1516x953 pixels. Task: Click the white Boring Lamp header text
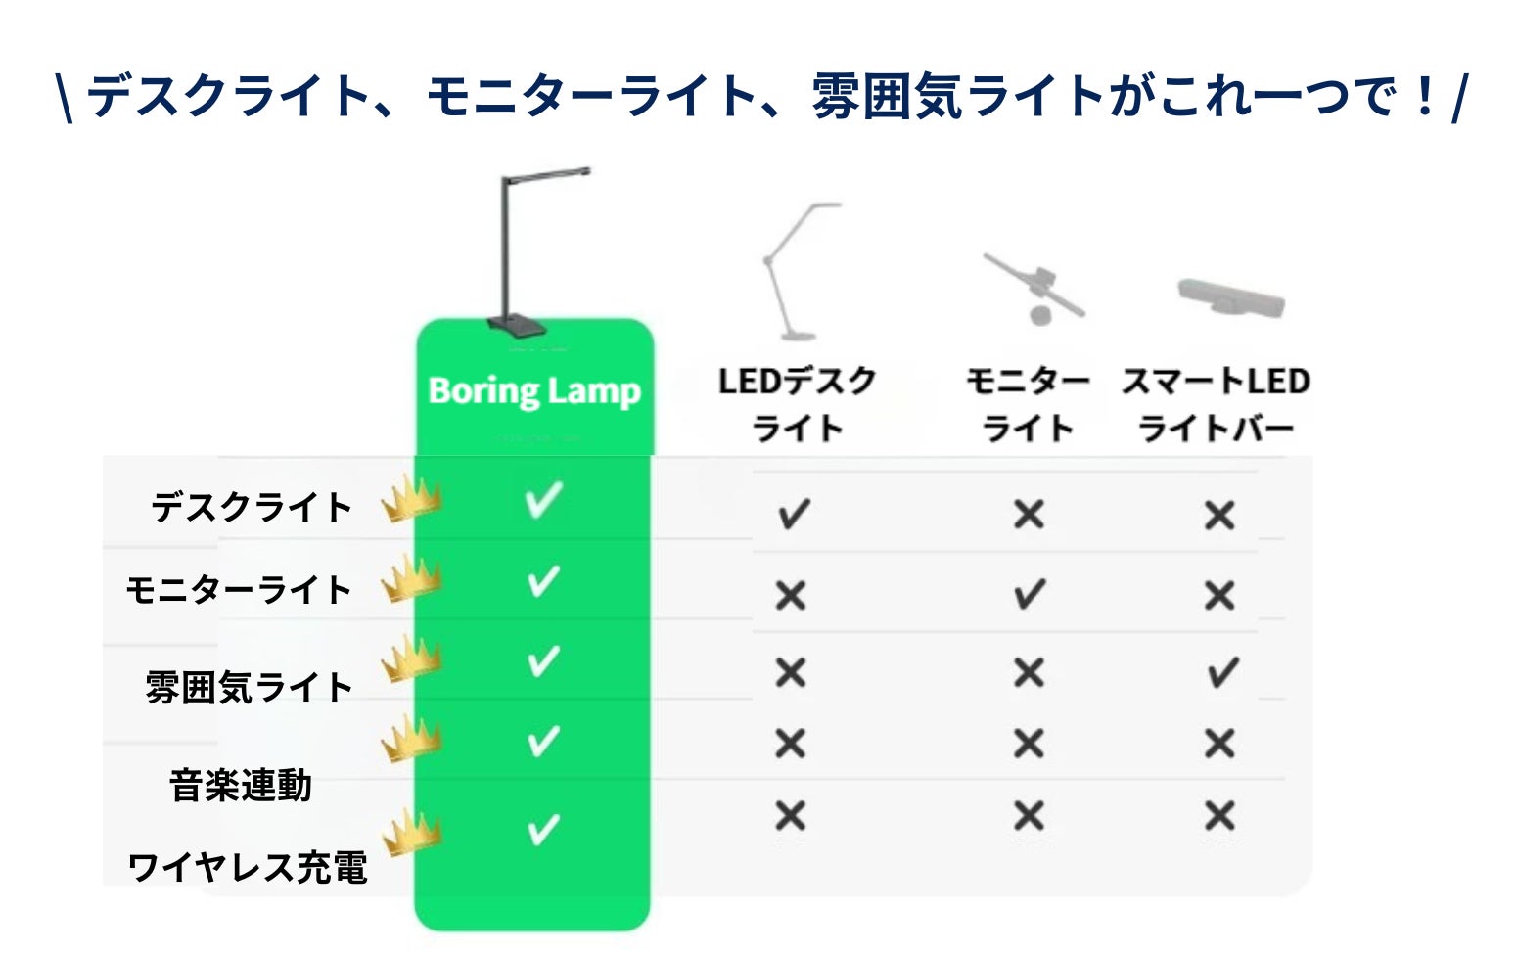[x=534, y=391]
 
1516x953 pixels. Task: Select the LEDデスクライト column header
[x=798, y=404]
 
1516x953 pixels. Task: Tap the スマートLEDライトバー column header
[x=1217, y=404]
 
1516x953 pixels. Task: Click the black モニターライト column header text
[x=1028, y=404]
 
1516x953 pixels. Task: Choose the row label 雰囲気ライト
[x=249, y=687]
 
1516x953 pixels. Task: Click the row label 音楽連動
[x=240, y=785]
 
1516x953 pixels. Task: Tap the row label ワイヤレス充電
[x=248, y=867]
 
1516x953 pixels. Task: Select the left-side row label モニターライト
[x=238, y=589]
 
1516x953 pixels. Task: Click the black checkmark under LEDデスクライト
[x=793, y=515]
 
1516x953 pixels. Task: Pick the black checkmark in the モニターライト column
[x=1030, y=594]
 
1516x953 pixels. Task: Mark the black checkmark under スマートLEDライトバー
[x=1222, y=673]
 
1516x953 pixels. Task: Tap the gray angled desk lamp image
[x=800, y=271]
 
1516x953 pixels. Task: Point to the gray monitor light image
[x=1034, y=289]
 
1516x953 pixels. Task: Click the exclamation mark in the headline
[x=1424, y=95]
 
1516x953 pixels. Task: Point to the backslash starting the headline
[x=65, y=98]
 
